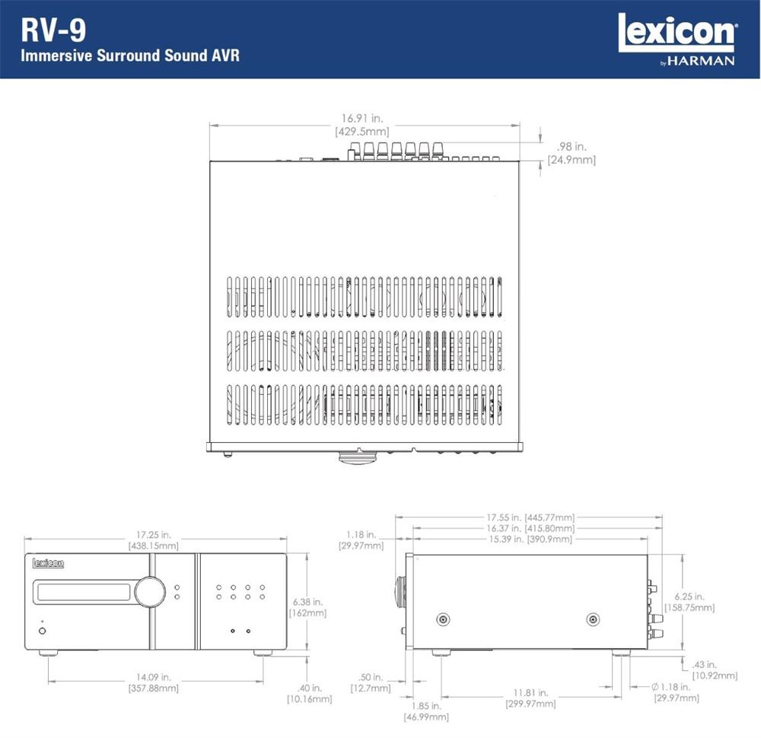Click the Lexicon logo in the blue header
pyautogui.click(x=677, y=33)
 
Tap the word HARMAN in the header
pyautogui.click(x=701, y=61)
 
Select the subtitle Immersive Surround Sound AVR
pyautogui.click(x=130, y=56)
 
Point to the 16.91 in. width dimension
pyautogui.click(x=362, y=125)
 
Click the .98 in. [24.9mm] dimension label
pyautogui.click(x=572, y=153)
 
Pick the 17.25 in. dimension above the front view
pyautogui.click(x=154, y=540)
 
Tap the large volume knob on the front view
pyautogui.click(x=150, y=592)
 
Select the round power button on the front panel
pyautogui.click(x=42, y=631)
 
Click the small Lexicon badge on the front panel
pyautogui.click(x=48, y=563)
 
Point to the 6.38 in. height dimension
pyautogui.click(x=307, y=607)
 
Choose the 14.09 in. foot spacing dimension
pyautogui.click(x=154, y=682)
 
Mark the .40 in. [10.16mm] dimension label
pyautogui.click(x=310, y=693)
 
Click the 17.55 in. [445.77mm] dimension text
pyautogui.click(x=530, y=517)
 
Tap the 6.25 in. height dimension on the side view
pyautogui.click(x=689, y=602)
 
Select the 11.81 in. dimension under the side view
pyautogui.click(x=530, y=698)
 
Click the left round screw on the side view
pyautogui.click(x=443, y=619)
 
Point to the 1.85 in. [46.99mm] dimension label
pyautogui.click(x=426, y=711)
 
